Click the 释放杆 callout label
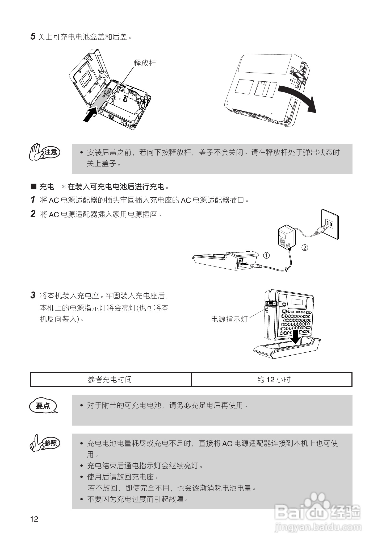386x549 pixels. [145, 63]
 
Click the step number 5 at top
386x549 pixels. [33, 36]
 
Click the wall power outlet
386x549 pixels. [330, 224]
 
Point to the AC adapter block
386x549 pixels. [286, 236]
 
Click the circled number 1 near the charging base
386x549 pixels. [266, 255]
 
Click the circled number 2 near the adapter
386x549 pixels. [305, 248]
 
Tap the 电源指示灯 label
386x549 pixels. [229, 319]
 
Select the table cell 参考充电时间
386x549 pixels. [110, 379]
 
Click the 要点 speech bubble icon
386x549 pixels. [43, 406]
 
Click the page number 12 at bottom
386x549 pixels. [34, 519]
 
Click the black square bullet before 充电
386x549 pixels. [33, 187]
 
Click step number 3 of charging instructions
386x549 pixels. [33, 295]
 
